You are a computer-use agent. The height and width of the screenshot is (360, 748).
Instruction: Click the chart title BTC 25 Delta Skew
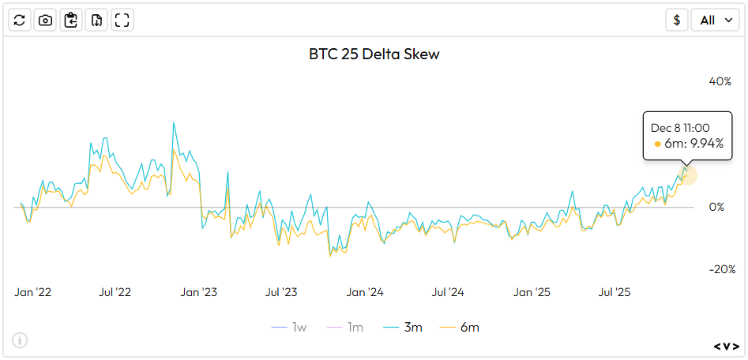(374, 54)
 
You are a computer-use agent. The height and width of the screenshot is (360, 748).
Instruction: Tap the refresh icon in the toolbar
(21, 21)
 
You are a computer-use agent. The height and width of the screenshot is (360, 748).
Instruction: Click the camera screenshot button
(46, 21)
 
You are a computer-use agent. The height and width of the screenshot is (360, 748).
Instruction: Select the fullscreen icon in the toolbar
(122, 21)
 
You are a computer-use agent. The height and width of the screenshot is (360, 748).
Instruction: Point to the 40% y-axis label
(720, 81)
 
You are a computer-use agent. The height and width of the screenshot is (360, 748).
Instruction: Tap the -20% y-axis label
(720, 269)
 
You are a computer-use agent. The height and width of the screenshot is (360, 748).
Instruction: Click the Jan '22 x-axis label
(33, 292)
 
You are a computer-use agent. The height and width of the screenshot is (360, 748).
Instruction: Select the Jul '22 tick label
(116, 292)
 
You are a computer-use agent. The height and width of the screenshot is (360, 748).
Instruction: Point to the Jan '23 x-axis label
(199, 292)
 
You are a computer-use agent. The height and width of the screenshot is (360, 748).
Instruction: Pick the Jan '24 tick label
(366, 292)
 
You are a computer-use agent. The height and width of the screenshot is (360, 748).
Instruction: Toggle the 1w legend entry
(290, 327)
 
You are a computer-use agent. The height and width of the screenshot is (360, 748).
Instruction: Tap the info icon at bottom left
(20, 340)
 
